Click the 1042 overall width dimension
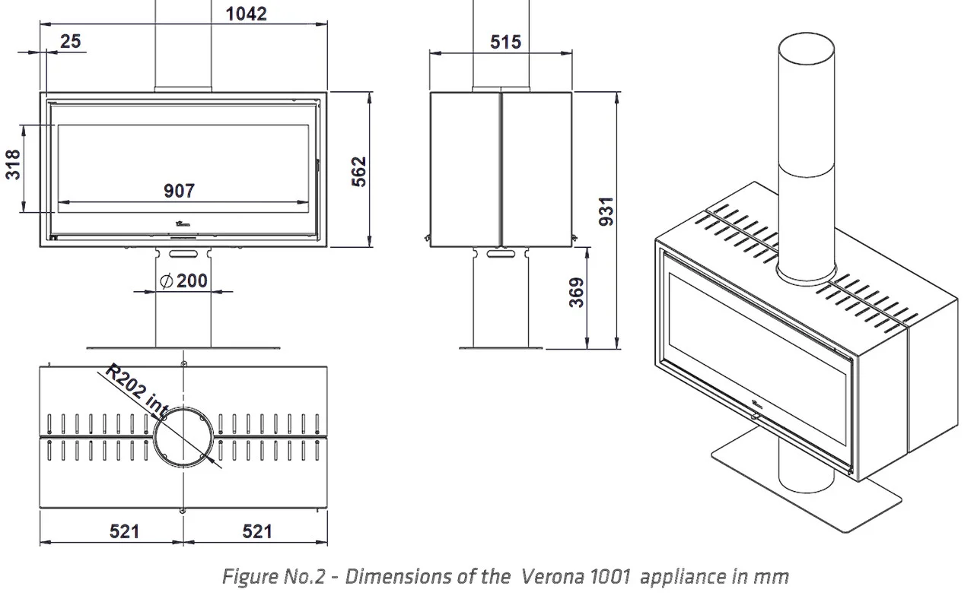(247, 13)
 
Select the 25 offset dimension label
(70, 41)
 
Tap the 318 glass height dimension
(14, 164)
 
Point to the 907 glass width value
(180, 191)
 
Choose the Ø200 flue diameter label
(184, 280)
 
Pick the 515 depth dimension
(506, 42)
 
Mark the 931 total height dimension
(606, 211)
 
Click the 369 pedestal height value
(577, 293)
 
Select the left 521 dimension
(124, 531)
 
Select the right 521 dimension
(257, 531)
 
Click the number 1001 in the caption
(608, 577)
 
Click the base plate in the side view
(501, 348)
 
